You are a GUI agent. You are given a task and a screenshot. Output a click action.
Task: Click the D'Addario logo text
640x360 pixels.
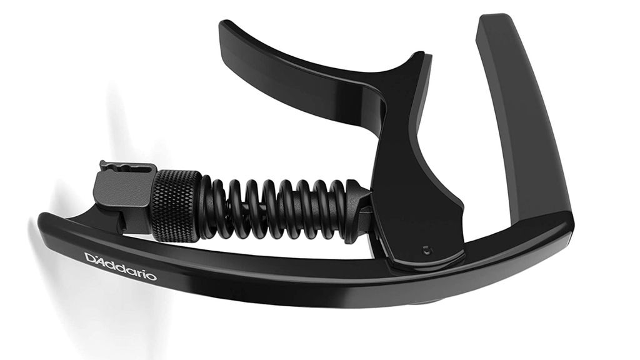click(121, 266)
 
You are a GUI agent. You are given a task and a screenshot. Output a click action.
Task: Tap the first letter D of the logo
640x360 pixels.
click(89, 257)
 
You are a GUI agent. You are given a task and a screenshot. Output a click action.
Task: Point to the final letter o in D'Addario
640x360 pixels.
click(152, 276)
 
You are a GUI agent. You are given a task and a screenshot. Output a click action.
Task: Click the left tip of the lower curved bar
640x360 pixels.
click(42, 221)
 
